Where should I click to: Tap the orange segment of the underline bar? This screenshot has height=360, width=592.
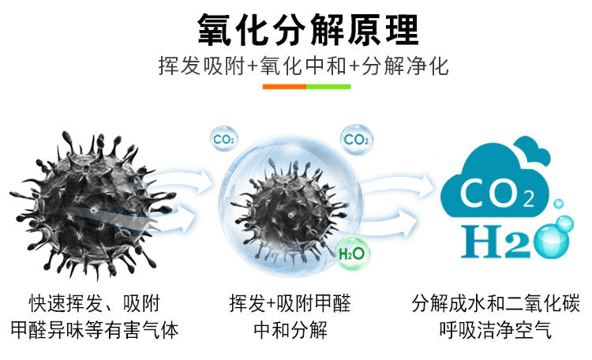tap(285, 85)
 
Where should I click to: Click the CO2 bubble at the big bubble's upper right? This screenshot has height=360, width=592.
tap(356, 140)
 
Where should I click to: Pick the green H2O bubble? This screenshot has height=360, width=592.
tap(350, 253)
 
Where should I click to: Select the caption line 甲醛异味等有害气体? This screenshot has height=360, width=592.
tap(95, 329)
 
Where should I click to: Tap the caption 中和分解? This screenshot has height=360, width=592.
tap(290, 329)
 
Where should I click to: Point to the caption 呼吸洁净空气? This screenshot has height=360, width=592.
tap(496, 329)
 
